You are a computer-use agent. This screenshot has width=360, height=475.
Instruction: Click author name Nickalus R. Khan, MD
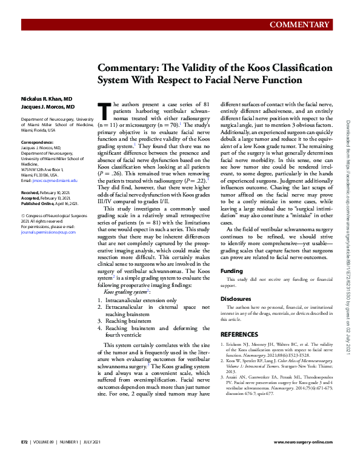[51, 98]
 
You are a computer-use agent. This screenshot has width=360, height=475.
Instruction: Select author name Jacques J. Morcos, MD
[53, 107]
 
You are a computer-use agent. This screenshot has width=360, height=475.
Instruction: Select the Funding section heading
[232, 271]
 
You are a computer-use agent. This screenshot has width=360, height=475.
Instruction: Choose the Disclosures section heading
[236, 299]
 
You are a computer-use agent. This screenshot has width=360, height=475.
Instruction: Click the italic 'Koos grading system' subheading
[127, 292]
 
